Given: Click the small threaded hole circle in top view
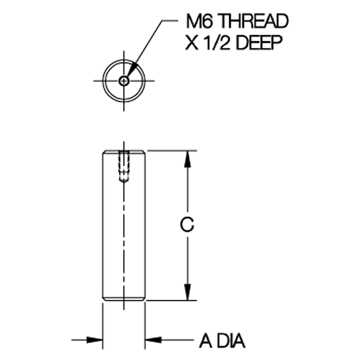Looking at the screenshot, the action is [124, 81].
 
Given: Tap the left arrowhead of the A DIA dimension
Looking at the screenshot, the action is [94, 340].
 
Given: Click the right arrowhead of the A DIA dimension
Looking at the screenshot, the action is [153, 340].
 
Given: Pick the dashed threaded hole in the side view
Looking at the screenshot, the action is [124, 166].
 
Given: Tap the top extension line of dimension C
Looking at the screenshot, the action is [172, 151].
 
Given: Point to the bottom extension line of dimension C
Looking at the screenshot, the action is [172, 301].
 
